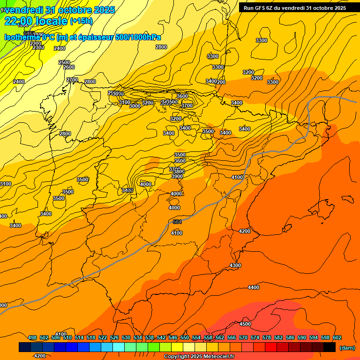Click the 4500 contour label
coord(245,324)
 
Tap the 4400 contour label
coord(253,287)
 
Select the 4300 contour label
coord(235,266)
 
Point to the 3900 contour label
coord(177,176)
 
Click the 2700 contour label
coord(72,80)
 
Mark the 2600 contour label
coord(68,67)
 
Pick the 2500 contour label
coord(64,62)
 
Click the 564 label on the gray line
coord(177,222)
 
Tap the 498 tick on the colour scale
coord(32,338)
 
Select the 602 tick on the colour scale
coord(337,338)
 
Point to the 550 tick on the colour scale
coord(185,338)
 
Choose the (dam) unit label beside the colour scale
coord(347,348)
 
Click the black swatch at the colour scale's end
coord(330,347)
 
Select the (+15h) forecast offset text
coord(81,21)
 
